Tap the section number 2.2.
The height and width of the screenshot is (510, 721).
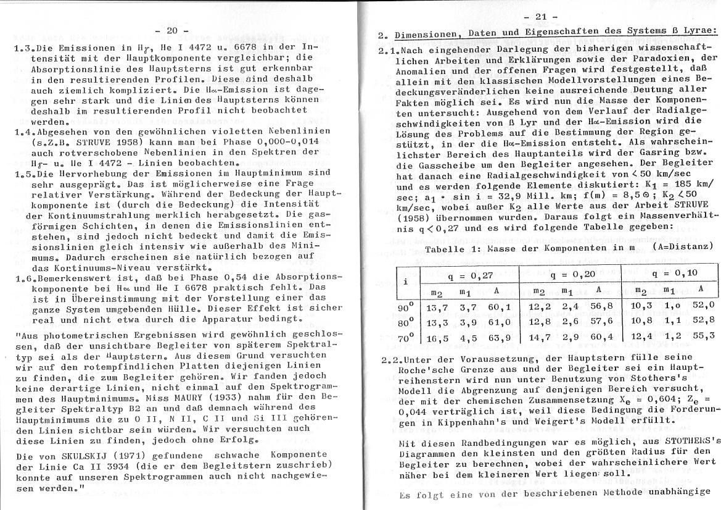[x=392, y=357]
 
